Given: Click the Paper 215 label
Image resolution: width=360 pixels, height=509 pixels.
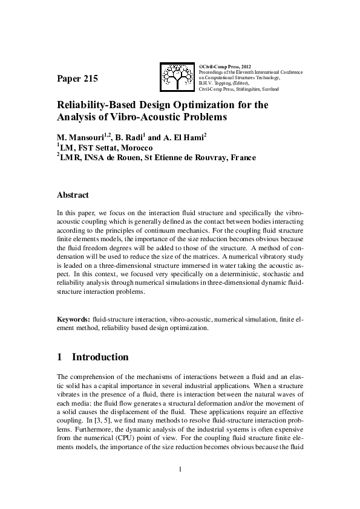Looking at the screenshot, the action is (x=77, y=79).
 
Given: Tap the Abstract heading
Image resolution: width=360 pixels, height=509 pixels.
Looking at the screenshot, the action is (x=73, y=195).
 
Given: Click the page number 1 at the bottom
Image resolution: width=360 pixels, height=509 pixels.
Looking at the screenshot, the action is (x=180, y=469).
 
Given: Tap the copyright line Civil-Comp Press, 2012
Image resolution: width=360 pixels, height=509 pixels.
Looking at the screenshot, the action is (x=225, y=65).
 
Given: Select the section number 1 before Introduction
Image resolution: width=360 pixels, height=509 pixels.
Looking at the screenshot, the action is (x=59, y=357).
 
